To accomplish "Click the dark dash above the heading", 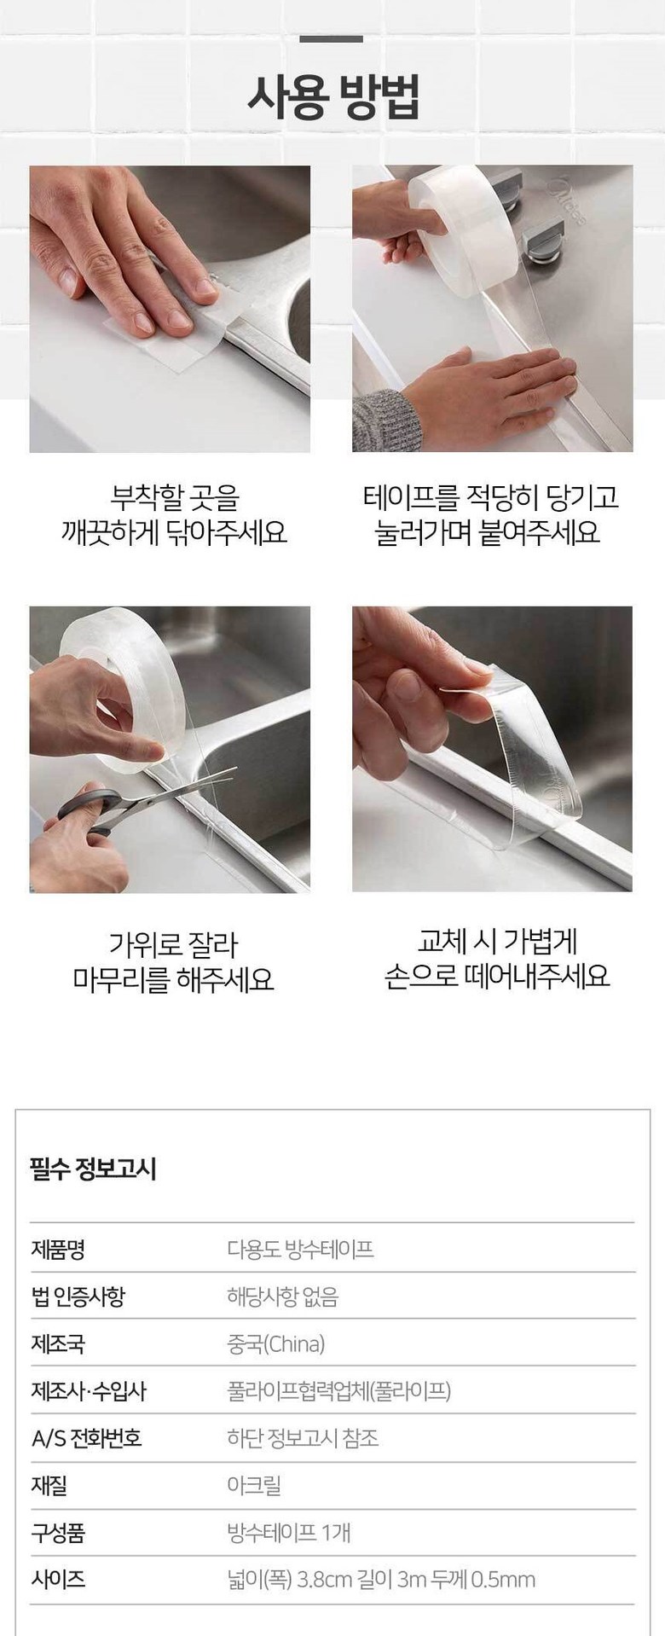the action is pyautogui.click(x=332, y=39).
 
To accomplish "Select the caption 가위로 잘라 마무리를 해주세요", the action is pyautogui.click(x=173, y=961).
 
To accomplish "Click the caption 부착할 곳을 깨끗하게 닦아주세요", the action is pyautogui.click(x=174, y=514).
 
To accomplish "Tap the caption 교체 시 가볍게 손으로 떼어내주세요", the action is pyautogui.click(x=497, y=958).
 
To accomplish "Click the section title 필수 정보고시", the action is pyautogui.click(x=93, y=1169).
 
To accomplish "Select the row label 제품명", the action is pyautogui.click(x=58, y=1250).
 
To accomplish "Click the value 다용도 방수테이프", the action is pyautogui.click(x=300, y=1250).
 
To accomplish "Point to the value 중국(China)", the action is pyautogui.click(x=275, y=1345).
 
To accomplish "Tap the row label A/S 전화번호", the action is pyautogui.click(x=86, y=1439).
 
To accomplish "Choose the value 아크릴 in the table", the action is pyautogui.click(x=253, y=1486).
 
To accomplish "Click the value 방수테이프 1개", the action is pyautogui.click(x=288, y=1534).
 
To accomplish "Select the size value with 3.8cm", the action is pyautogui.click(x=381, y=1581).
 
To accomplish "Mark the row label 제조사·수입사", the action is pyautogui.click(x=89, y=1392).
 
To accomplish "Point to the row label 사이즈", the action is pyautogui.click(x=58, y=1581).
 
